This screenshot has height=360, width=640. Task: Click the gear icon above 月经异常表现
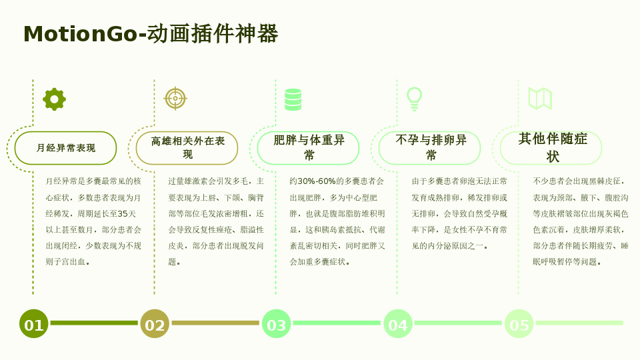pyautogui.click(x=54, y=99)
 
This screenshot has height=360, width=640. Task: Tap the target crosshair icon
pyautogui.click(x=175, y=99)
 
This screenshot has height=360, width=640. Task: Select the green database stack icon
pyautogui.click(x=293, y=99)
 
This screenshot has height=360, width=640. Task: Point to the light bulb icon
pyautogui.click(x=414, y=99)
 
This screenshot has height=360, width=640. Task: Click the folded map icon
pyautogui.click(x=540, y=99)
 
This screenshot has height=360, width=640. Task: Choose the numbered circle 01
pyautogui.click(x=34, y=324)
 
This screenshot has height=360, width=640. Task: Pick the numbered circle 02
pyautogui.click(x=155, y=324)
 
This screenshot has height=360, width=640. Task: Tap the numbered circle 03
pyautogui.click(x=276, y=324)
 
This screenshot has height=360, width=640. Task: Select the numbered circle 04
pyautogui.click(x=398, y=324)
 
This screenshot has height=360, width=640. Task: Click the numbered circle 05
pyautogui.click(x=519, y=324)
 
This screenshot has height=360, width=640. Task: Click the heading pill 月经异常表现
pyautogui.click(x=66, y=148)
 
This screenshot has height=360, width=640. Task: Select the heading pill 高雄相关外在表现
pyautogui.click(x=187, y=148)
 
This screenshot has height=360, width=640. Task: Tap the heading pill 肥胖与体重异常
pyautogui.click(x=308, y=148)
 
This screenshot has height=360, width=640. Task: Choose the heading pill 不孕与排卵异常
pyautogui.click(x=430, y=148)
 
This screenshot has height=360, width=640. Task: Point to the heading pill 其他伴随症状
pyautogui.click(x=551, y=148)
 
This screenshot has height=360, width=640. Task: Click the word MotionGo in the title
pyautogui.click(x=81, y=34)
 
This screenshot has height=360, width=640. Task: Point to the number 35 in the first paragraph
pyautogui.click(x=123, y=213)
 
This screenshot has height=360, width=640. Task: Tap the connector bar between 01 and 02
pyautogui.click(x=94, y=323)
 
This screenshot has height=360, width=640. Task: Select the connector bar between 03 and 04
pyautogui.click(x=337, y=323)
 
